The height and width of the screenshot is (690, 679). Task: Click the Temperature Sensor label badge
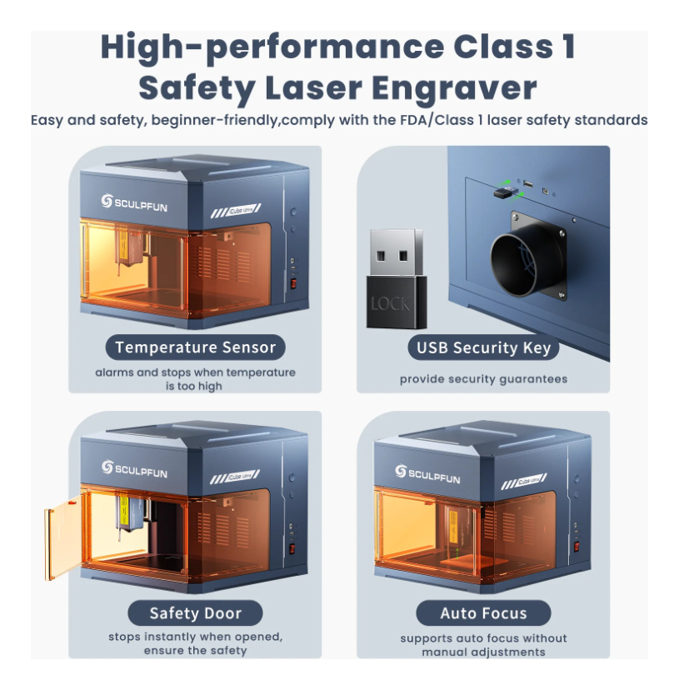[x=196, y=347]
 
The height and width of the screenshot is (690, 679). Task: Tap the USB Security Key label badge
[x=483, y=347]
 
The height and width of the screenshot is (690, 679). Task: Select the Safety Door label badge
[x=196, y=613]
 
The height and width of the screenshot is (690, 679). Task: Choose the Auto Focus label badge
[x=483, y=613]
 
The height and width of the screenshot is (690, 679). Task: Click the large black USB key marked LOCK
[x=397, y=279]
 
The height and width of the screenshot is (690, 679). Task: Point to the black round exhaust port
[x=526, y=261]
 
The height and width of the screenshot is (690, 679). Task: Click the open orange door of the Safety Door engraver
[x=64, y=537]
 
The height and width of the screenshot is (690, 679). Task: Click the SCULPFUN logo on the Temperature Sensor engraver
[x=134, y=202]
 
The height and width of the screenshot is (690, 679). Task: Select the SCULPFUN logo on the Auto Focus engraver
[x=427, y=474]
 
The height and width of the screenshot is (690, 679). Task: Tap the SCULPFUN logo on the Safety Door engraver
[x=134, y=470]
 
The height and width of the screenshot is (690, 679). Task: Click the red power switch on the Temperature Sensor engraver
[x=292, y=283]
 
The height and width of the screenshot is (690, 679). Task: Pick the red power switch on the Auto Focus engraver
[x=577, y=546]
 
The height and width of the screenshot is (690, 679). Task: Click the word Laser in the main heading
[x=313, y=88]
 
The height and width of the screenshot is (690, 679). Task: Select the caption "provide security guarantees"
[x=483, y=379]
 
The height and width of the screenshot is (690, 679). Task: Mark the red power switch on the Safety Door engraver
[x=292, y=549]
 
